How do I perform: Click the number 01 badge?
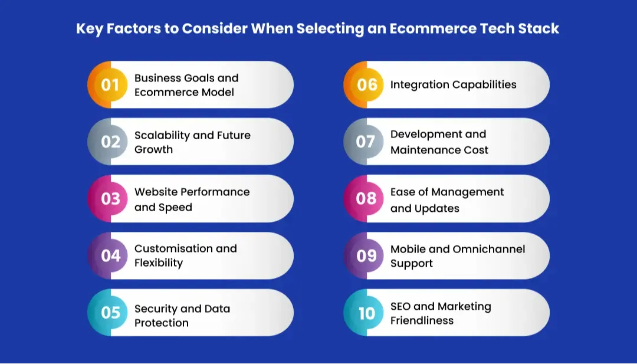coord(110,85)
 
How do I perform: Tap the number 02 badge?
coord(110,142)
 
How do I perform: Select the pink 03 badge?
coord(110,199)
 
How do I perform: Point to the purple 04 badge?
coord(110,255)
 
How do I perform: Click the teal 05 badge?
coord(110,313)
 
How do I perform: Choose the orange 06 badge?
coord(366,85)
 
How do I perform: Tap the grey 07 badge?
coord(366,142)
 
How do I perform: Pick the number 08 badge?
coord(366,199)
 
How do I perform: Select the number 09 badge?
coord(366,255)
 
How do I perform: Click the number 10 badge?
coord(366,313)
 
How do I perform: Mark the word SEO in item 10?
coord(400,306)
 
